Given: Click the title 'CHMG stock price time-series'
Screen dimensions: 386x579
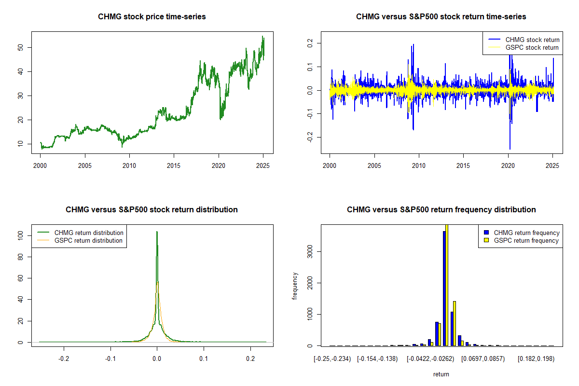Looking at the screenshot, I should click(152, 17).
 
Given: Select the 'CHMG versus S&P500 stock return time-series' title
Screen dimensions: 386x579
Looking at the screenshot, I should click(441, 17).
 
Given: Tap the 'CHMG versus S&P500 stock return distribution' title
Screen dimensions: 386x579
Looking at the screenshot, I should click(152, 210).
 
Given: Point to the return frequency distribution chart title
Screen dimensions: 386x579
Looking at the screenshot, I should click(441, 210).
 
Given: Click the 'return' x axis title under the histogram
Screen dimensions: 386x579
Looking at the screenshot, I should click(441, 374).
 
